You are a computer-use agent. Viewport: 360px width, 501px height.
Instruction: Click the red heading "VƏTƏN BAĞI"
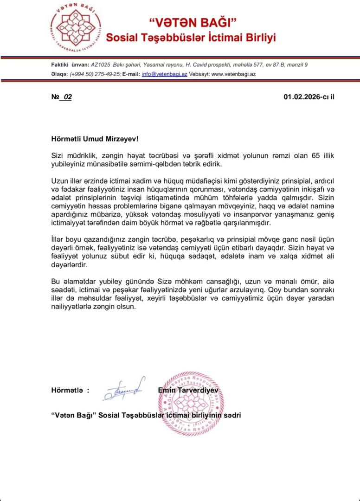point(193,22)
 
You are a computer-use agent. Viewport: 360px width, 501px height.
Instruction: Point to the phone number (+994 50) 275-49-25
point(95,74)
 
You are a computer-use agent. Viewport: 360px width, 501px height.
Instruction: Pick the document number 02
point(68,97)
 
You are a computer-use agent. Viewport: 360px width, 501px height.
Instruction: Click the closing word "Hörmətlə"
point(67,391)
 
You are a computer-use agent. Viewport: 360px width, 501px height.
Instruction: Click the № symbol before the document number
point(55,97)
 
